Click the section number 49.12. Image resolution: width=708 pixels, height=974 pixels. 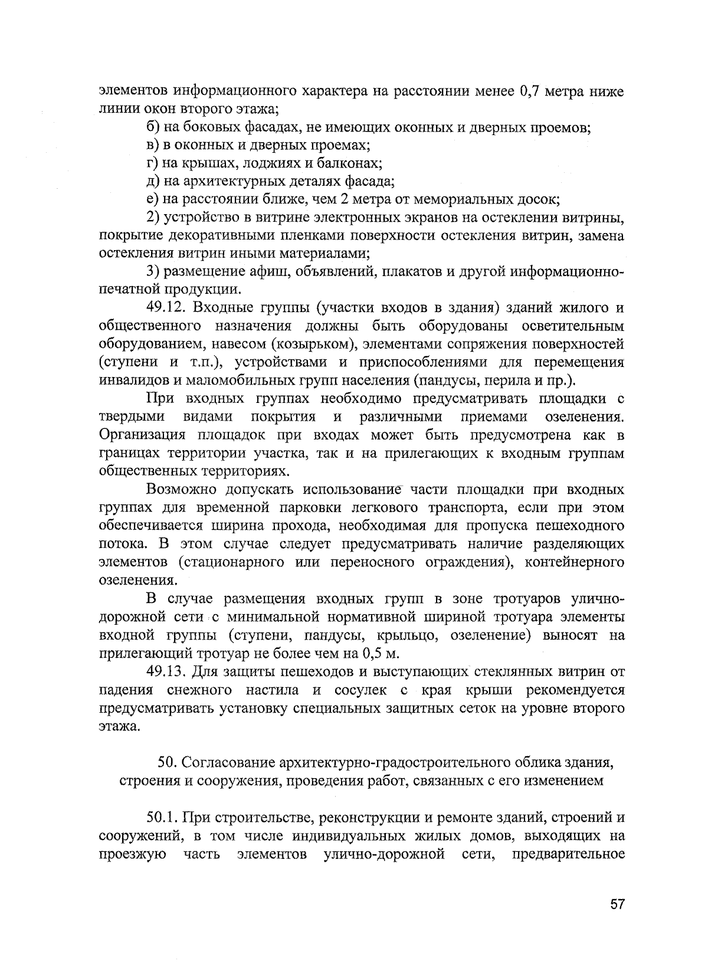pyautogui.click(x=166, y=307)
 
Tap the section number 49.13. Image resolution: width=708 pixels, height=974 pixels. pyautogui.click(x=166, y=671)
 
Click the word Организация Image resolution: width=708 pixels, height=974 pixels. pyautogui.click(x=139, y=435)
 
